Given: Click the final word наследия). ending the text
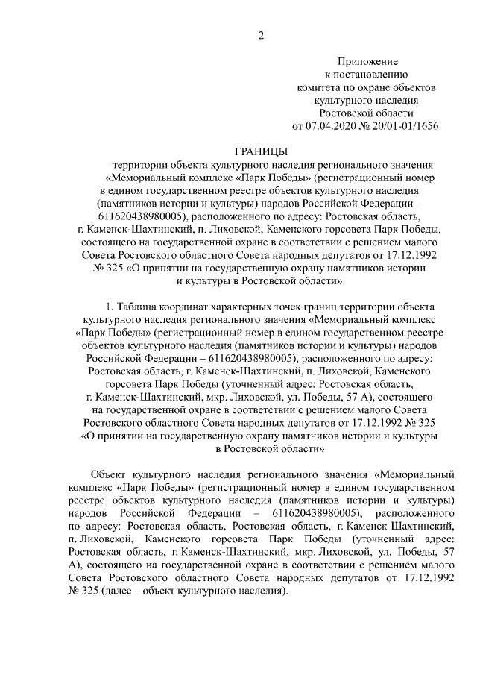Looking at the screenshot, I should [x=265, y=591].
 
